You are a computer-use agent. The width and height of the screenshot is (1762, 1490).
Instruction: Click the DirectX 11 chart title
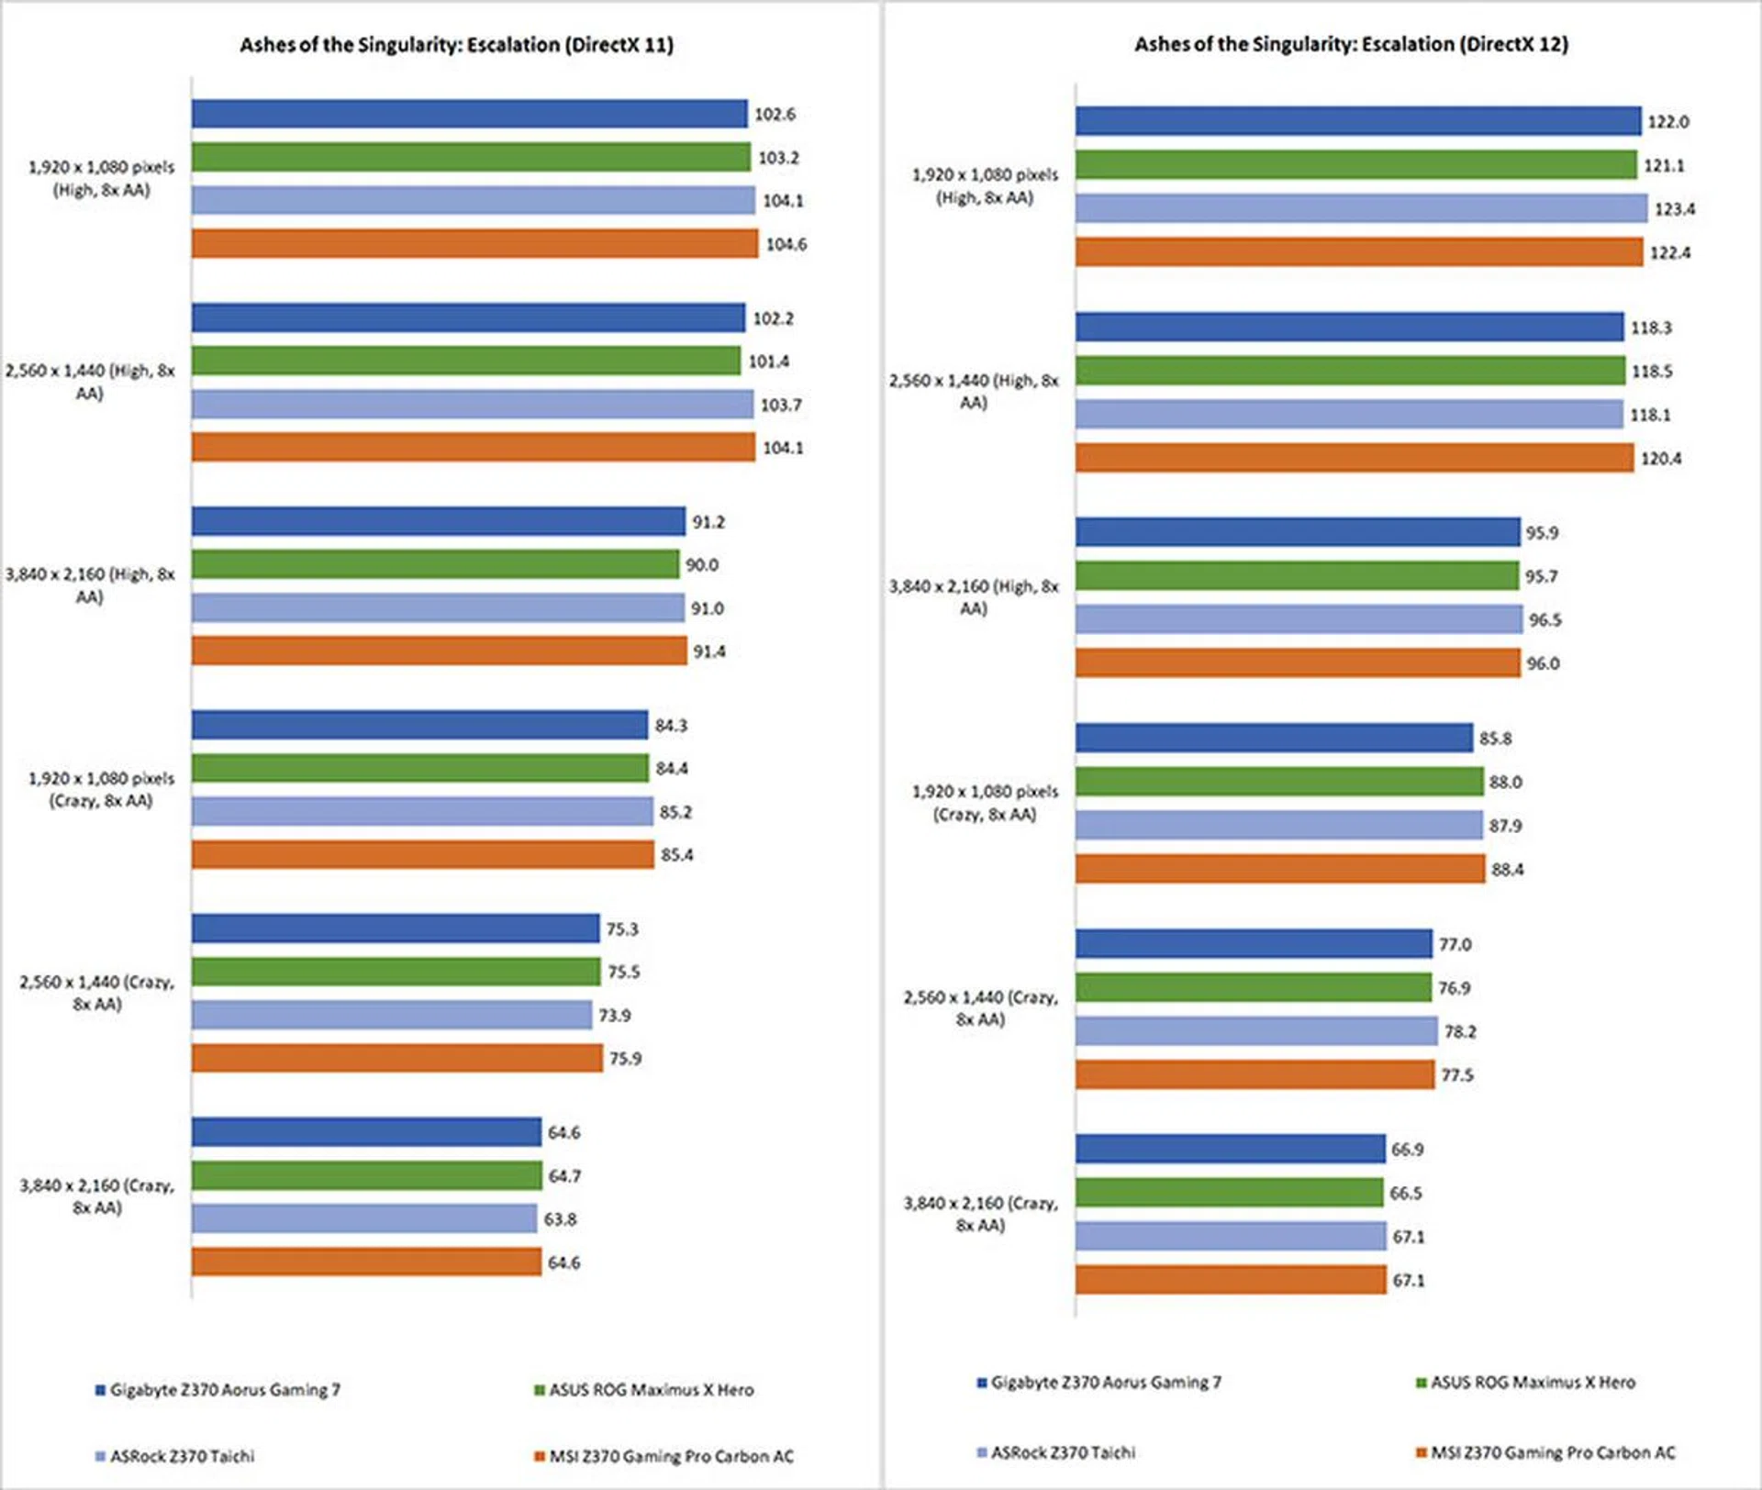pos(456,45)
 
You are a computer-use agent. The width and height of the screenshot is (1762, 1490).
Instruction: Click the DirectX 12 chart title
pos(1351,44)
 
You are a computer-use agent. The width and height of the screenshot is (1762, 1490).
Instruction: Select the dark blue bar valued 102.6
pos(469,114)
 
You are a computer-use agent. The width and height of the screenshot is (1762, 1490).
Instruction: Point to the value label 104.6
pos(786,244)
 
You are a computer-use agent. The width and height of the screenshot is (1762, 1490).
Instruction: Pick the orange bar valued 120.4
pos(1355,458)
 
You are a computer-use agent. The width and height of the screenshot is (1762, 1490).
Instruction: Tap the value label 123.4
pos(1674,209)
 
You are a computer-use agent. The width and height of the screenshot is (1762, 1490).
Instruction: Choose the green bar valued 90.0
pos(435,564)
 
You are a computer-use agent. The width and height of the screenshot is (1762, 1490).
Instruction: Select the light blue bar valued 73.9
pos(392,1015)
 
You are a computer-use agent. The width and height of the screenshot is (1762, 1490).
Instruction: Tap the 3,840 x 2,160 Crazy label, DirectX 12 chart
pos(980,1214)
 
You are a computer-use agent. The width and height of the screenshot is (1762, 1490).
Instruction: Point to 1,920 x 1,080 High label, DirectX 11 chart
pos(101,178)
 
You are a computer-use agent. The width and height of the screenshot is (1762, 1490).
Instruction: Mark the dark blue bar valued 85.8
pos(1274,738)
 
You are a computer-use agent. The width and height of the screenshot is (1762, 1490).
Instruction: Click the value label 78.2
pos(1460,1032)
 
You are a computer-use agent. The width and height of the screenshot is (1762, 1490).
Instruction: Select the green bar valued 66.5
pos(1229,1193)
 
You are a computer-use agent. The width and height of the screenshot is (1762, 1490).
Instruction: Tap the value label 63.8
pos(560,1219)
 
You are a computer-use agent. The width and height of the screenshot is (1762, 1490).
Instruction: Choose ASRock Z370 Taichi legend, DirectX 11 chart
pos(182,1456)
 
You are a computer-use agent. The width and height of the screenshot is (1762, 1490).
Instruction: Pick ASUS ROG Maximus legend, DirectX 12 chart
pos(1533,1383)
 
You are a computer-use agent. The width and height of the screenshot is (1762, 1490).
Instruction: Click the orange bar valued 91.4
pos(439,651)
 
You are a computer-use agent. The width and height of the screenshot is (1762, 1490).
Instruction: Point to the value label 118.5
pos(1651,372)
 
